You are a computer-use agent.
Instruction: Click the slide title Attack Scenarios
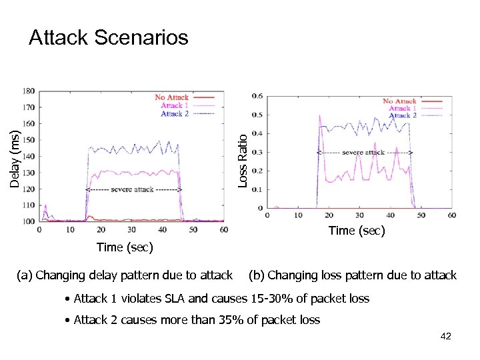pos(108,38)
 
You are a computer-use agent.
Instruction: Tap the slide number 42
pos(446,336)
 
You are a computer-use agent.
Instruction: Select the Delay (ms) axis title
pos(15,159)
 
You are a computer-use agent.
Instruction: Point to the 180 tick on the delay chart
pos(29,91)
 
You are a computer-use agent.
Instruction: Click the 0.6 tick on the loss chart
pos(257,95)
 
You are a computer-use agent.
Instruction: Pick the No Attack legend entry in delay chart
pos(171,97)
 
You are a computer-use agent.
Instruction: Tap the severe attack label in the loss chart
pos(363,153)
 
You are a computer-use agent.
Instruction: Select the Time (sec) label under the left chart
pos(125,248)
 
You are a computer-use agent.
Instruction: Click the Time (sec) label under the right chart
pos(357,231)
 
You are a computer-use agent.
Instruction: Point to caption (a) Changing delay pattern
pos(126,275)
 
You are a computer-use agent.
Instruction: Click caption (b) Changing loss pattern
pos(352,275)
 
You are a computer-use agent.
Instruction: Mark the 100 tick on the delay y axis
pos(29,221)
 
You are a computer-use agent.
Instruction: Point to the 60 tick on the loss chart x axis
pos(452,215)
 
